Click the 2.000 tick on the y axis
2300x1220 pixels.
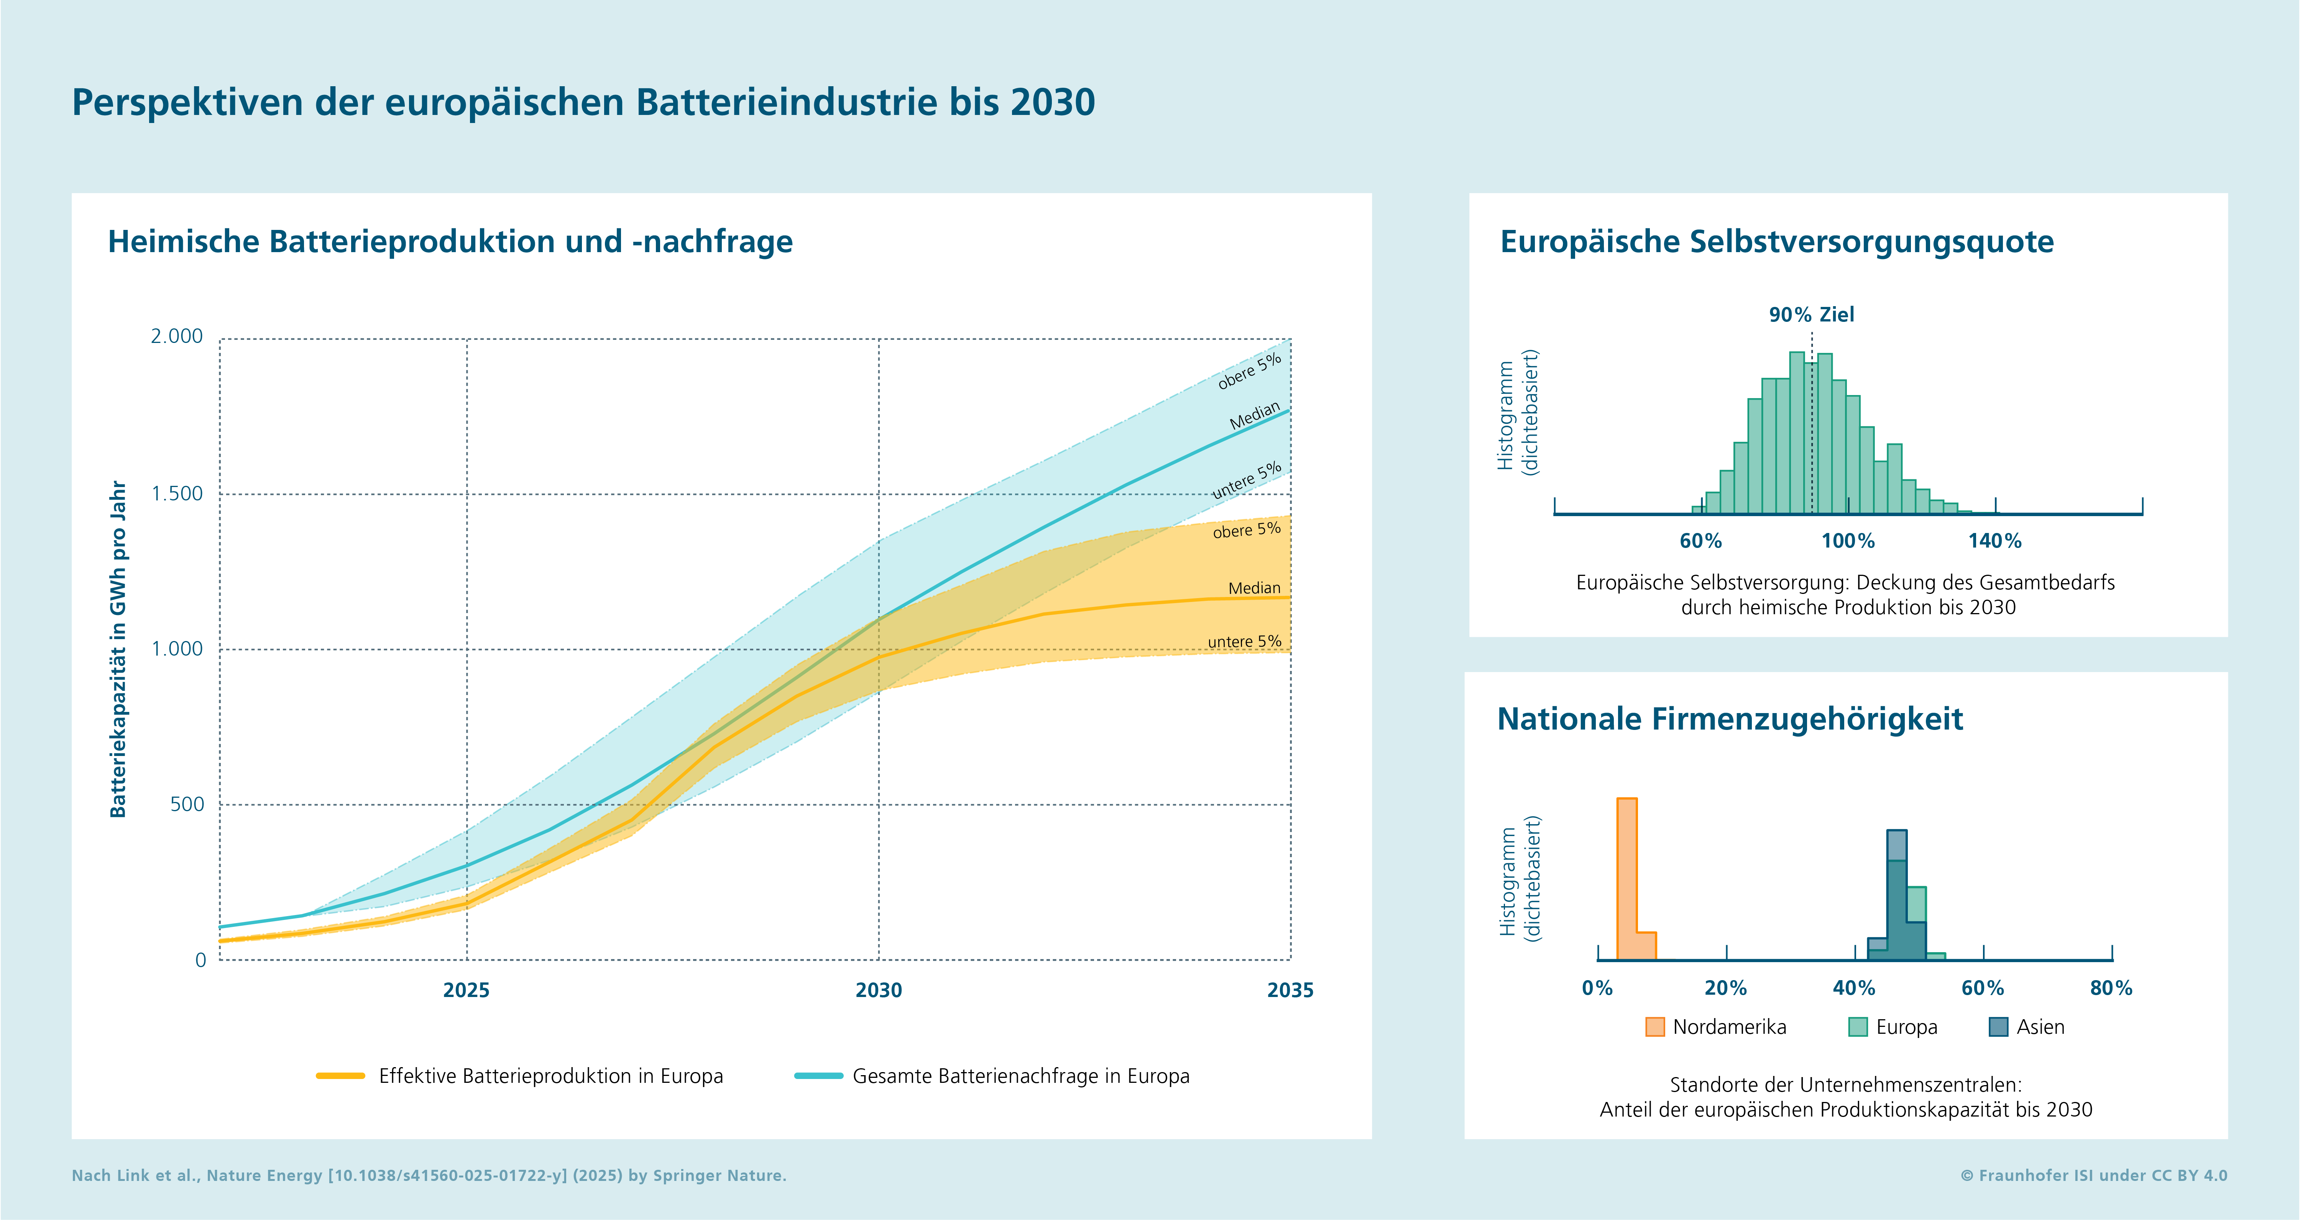(x=177, y=336)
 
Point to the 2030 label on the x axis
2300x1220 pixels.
(x=879, y=990)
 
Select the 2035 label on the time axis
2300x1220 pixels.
(x=1290, y=990)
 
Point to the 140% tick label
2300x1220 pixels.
(x=1994, y=541)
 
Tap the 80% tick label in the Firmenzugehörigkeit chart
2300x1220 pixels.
(x=2111, y=988)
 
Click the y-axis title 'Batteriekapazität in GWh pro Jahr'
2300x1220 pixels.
(x=118, y=649)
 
